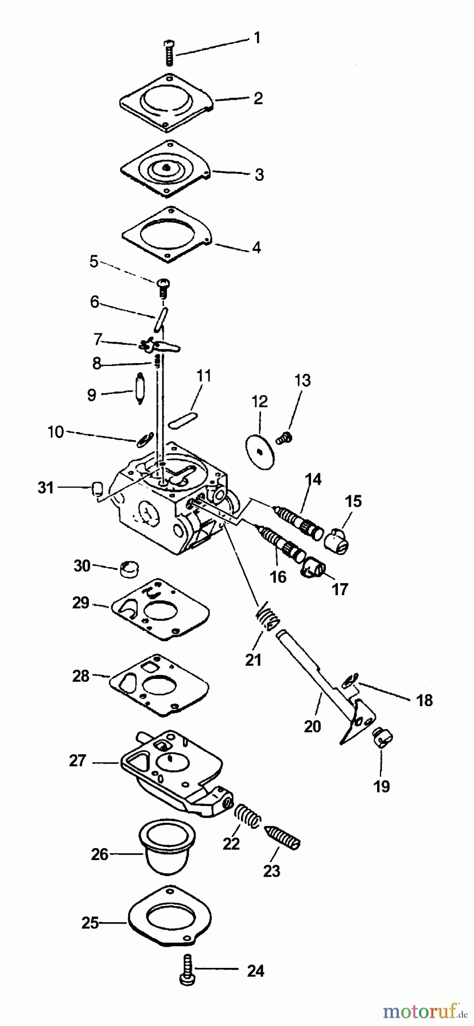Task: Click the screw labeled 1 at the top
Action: (x=169, y=55)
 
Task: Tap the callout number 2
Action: (x=258, y=98)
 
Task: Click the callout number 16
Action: (x=278, y=577)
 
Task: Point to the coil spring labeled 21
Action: (x=268, y=617)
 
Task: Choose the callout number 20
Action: (x=313, y=726)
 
